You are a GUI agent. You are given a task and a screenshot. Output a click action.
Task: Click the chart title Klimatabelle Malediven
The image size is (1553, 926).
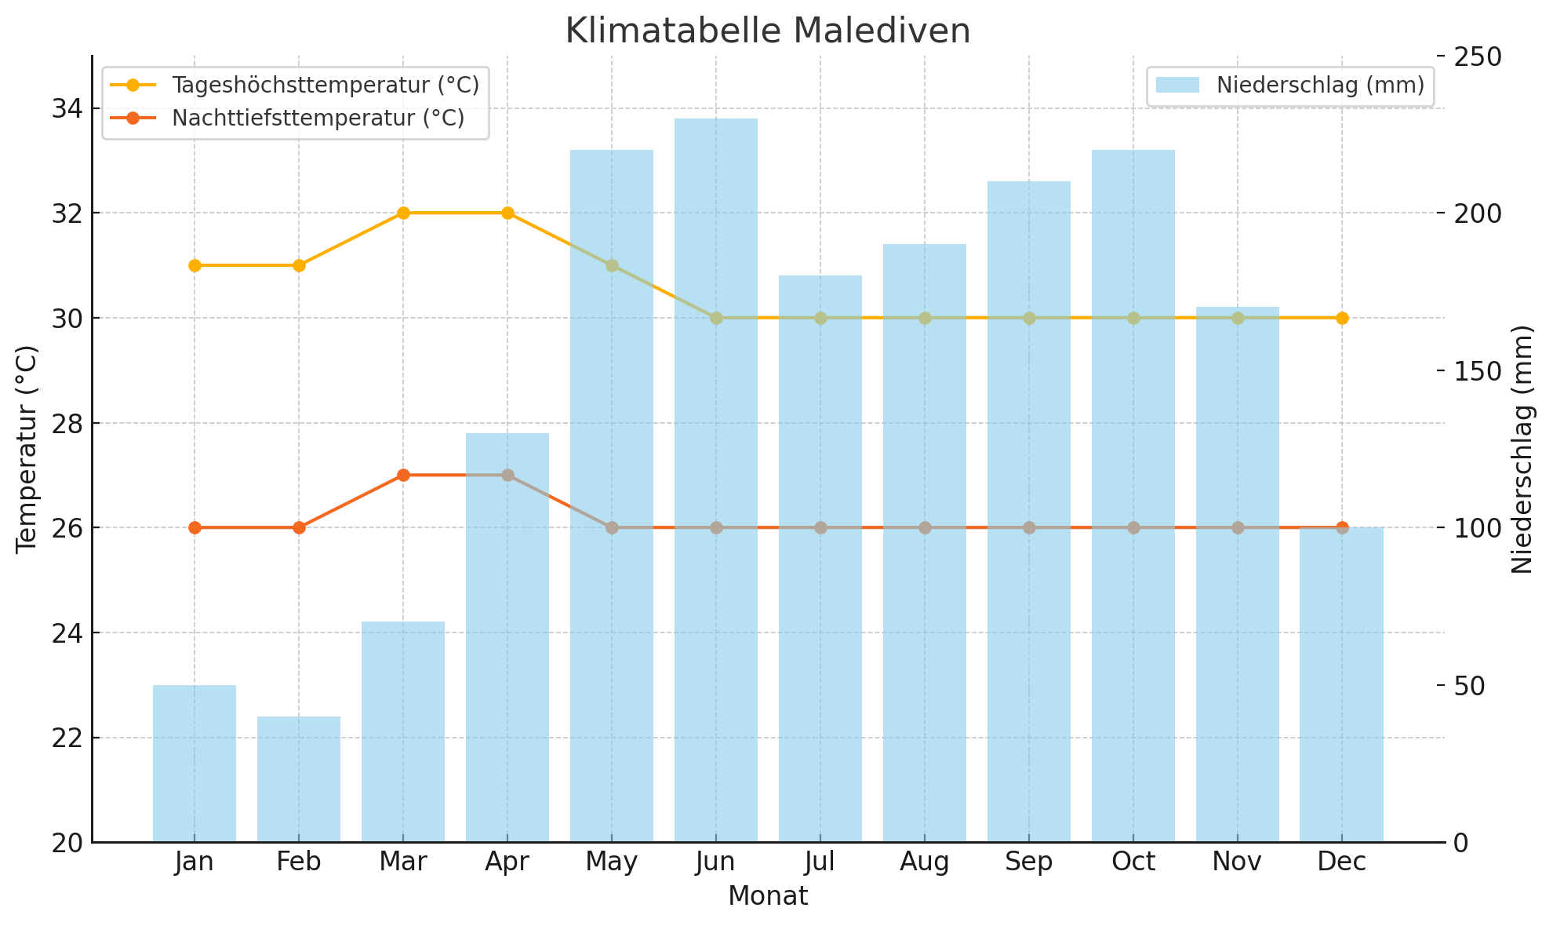pos(767,31)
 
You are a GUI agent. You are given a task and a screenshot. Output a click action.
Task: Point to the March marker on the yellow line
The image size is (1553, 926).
pos(403,213)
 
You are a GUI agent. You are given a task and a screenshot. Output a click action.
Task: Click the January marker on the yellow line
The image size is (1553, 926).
pos(195,265)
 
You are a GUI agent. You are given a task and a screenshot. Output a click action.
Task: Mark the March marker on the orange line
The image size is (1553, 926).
pos(403,475)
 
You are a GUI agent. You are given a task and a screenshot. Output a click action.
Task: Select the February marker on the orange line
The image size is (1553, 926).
pos(299,527)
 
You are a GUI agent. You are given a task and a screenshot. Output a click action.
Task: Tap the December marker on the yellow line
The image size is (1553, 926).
pos(1342,318)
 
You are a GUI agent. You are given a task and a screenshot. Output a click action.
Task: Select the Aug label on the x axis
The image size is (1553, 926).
pos(925,862)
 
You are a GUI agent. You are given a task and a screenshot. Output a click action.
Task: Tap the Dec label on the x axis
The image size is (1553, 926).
pos(1342,862)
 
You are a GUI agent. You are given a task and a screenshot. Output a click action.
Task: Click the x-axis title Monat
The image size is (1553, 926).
pos(767,896)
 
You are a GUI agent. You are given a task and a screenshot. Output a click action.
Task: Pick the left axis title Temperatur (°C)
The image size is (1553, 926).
pos(27,449)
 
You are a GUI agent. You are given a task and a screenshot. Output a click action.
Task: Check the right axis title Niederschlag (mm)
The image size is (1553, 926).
pos(1522,449)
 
